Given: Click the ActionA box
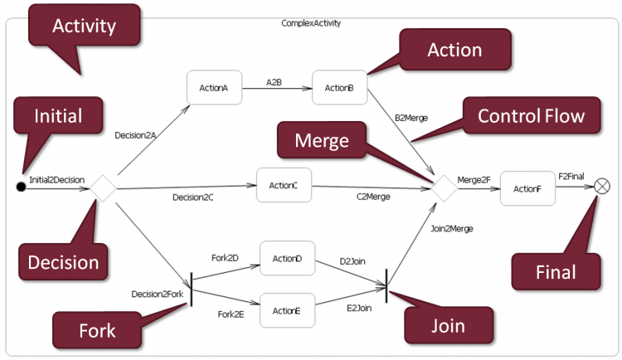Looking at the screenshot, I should (214, 87).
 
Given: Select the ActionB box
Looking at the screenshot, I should (339, 87).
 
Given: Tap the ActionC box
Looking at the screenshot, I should (284, 185).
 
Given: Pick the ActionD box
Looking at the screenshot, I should (287, 259).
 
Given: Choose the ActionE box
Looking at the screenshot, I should (287, 309).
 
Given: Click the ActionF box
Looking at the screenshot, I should (527, 188).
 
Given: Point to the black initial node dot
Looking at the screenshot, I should (22, 186).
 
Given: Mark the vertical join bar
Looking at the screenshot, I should (387, 287).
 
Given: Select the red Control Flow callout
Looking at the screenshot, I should (531, 115).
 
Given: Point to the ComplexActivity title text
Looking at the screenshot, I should (311, 23).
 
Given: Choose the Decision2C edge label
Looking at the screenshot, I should (193, 197).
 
